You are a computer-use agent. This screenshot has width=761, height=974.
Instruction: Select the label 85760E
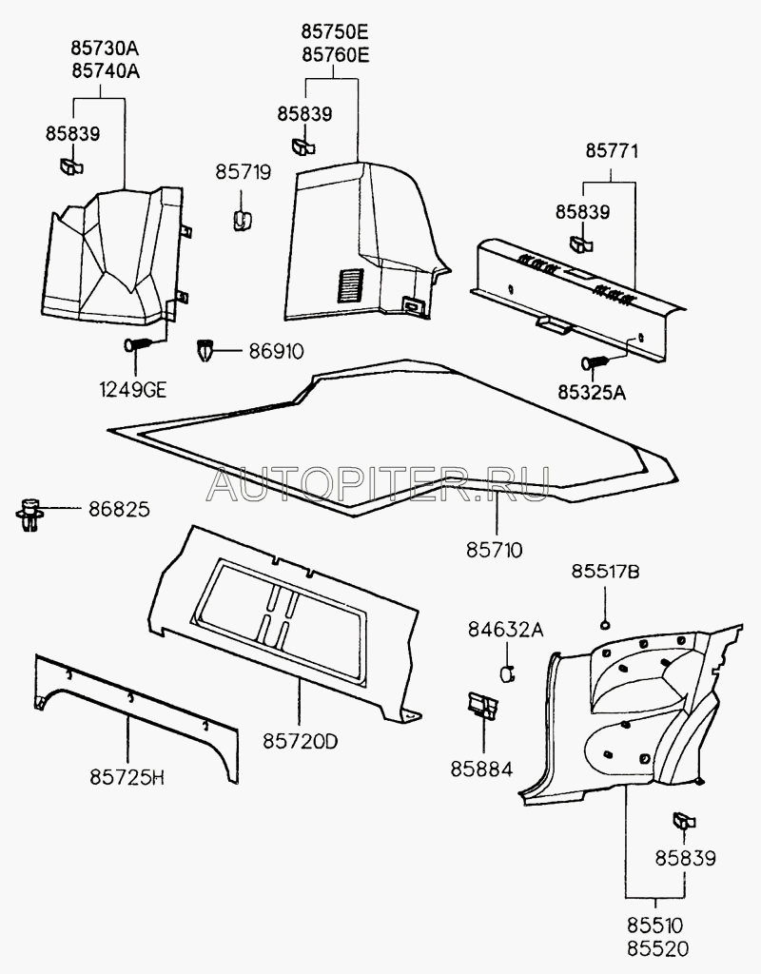(336, 55)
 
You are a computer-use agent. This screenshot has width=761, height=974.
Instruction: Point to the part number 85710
(494, 550)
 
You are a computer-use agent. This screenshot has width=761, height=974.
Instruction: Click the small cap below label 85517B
(605, 624)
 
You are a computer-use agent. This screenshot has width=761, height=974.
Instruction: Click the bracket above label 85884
(482, 706)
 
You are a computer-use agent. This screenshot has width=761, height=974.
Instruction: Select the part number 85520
(656, 947)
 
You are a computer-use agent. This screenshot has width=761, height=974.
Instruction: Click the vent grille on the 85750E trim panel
(352, 284)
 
